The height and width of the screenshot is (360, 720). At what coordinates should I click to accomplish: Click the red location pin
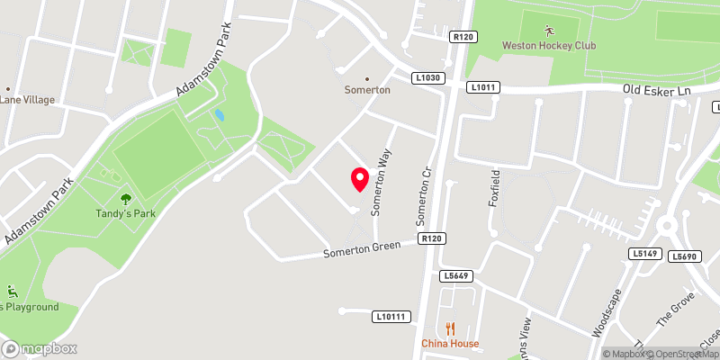359,179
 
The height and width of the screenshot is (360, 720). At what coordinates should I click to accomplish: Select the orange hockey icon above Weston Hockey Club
548,31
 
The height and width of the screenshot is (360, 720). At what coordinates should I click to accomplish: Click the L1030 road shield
428,78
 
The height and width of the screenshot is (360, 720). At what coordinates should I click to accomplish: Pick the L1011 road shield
483,87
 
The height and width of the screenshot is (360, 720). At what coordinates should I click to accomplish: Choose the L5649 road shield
455,276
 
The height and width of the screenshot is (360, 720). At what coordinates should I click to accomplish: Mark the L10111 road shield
392,316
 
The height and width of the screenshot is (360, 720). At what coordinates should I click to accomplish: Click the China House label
451,343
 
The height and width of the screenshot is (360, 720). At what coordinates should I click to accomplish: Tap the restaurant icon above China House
451,328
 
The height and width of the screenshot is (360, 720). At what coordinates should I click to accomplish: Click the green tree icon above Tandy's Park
124,198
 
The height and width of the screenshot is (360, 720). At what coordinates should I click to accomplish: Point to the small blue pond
219,116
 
